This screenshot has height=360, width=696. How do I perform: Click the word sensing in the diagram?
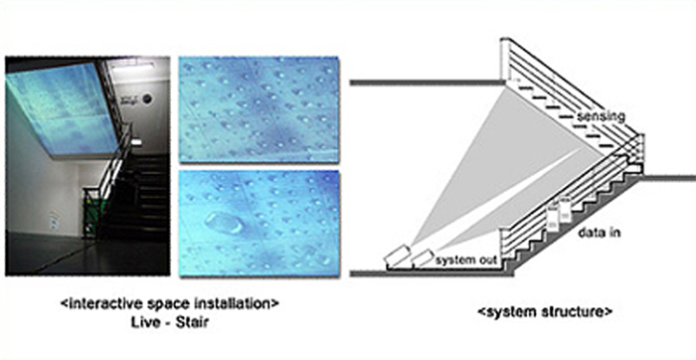[x=601, y=116]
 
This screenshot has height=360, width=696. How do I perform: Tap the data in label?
[x=600, y=233]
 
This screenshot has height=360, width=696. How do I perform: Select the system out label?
[x=464, y=260]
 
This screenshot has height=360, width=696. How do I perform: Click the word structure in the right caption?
[x=576, y=311]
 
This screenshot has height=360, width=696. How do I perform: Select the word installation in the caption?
[x=236, y=305]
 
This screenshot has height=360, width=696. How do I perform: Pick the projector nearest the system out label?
[x=423, y=259]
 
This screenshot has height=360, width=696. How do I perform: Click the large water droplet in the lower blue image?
[x=224, y=223]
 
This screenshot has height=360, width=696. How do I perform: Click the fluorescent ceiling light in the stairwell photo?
[x=133, y=68]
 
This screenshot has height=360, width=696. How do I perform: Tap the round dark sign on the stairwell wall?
[x=148, y=99]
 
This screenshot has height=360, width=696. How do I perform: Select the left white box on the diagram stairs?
[x=553, y=216]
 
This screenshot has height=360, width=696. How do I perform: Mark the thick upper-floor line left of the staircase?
[x=428, y=83]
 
